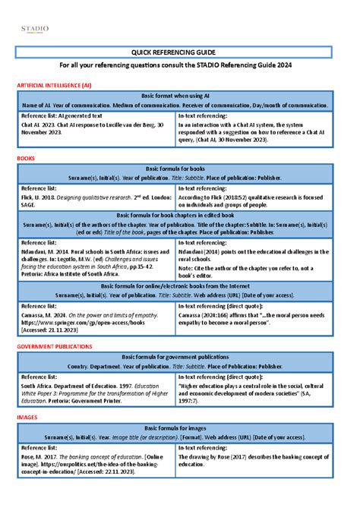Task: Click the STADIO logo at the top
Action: pyautogui.click(x=34, y=29)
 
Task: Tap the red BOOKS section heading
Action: pyautogui.click(x=26, y=158)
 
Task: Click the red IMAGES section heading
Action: pyautogui.click(x=27, y=417)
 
